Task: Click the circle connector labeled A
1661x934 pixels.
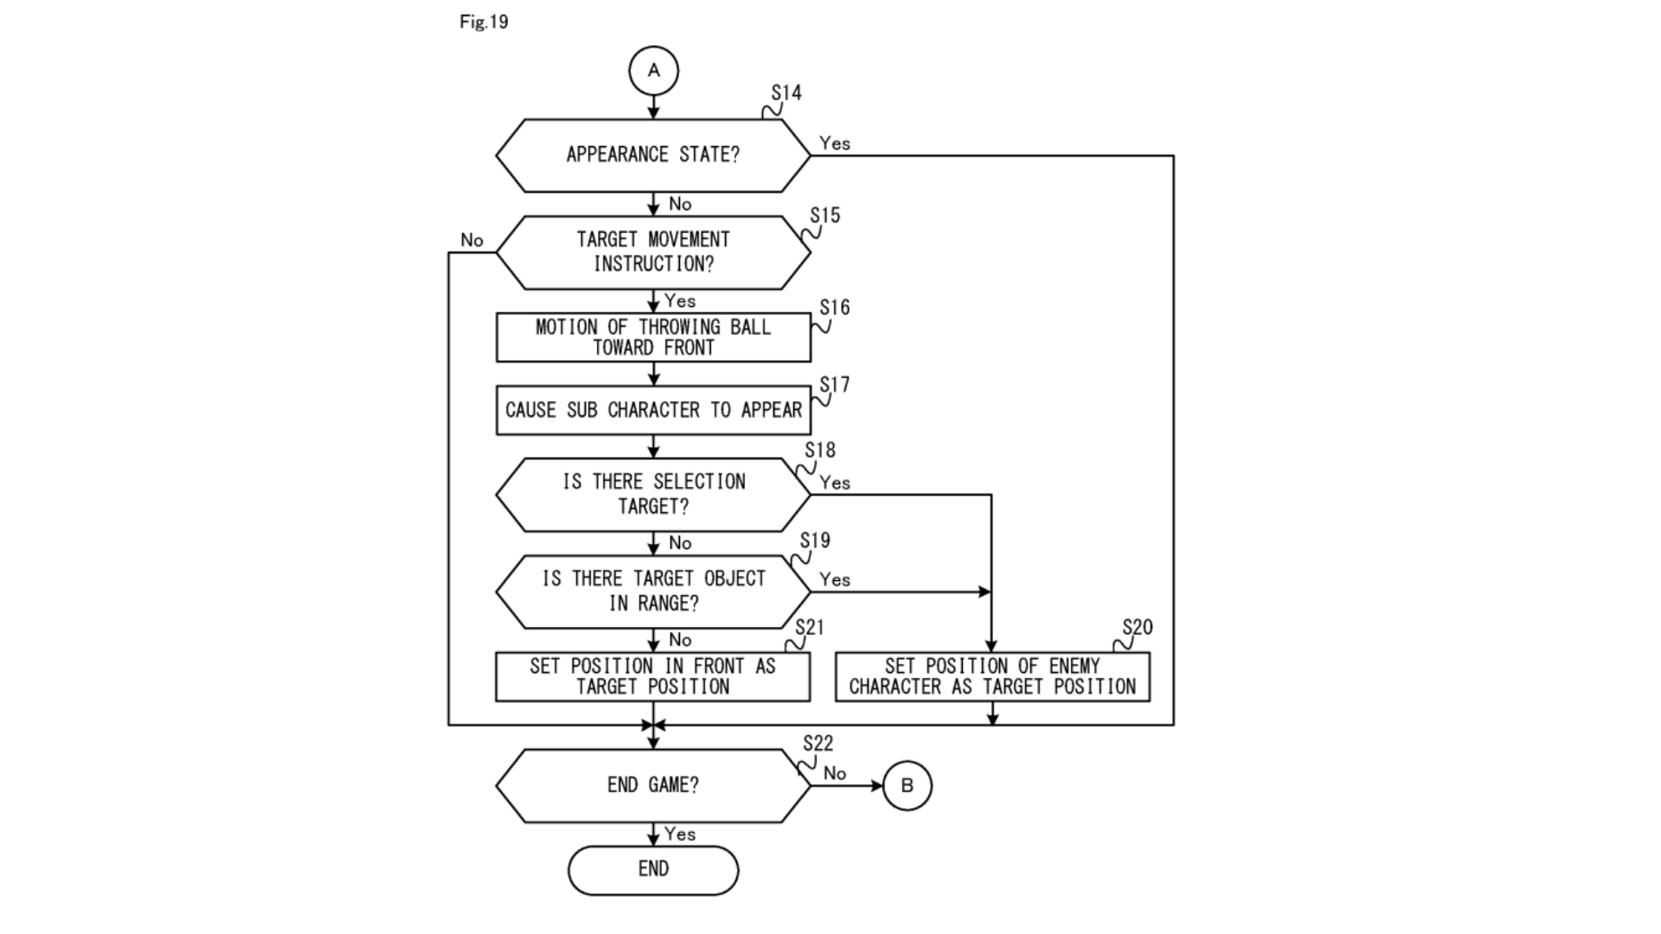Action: (653, 71)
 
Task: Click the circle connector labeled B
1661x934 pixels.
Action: (907, 785)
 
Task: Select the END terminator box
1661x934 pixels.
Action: (653, 869)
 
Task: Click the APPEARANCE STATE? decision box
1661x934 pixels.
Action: (653, 155)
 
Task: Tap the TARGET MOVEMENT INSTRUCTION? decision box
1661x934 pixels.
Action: (653, 252)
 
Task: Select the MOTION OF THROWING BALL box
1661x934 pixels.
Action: (653, 337)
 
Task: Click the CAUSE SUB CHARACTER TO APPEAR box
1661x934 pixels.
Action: (653, 410)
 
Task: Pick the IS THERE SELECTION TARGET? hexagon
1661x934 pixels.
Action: (653, 494)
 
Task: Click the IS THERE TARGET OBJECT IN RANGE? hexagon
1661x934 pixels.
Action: (653, 591)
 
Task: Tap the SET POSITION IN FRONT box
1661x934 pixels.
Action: (653, 676)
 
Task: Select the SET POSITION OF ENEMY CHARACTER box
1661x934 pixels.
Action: (992, 676)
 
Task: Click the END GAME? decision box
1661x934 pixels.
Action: (653, 785)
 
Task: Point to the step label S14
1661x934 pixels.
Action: (786, 93)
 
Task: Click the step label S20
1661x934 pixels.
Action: (1137, 627)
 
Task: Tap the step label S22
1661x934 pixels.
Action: (818, 743)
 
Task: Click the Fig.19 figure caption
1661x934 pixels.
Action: (484, 22)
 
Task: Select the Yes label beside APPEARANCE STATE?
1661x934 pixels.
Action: (835, 144)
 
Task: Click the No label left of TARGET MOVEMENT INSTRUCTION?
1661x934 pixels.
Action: (471, 240)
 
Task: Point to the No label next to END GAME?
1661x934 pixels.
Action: (835, 773)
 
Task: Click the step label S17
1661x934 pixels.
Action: (835, 384)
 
